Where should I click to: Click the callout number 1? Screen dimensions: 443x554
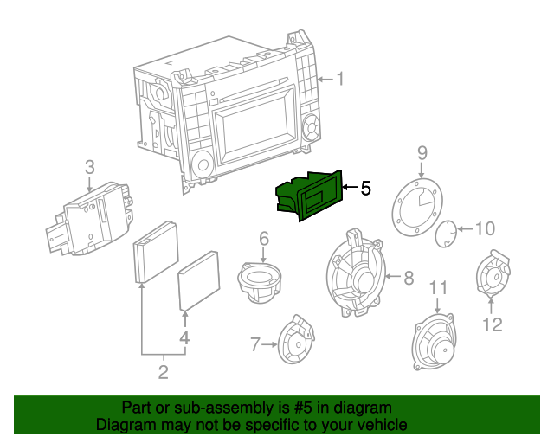340,80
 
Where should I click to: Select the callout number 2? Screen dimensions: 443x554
163,374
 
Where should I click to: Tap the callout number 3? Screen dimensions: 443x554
89,168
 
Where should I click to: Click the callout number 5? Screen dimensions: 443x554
365,187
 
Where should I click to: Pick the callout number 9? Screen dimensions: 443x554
422,153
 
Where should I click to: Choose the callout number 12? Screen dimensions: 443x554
492,324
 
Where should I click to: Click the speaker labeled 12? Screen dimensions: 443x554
492,276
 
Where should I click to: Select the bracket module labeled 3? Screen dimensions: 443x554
87,216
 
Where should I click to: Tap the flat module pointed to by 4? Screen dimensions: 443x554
200,279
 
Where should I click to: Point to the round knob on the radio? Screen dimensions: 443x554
203,163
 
